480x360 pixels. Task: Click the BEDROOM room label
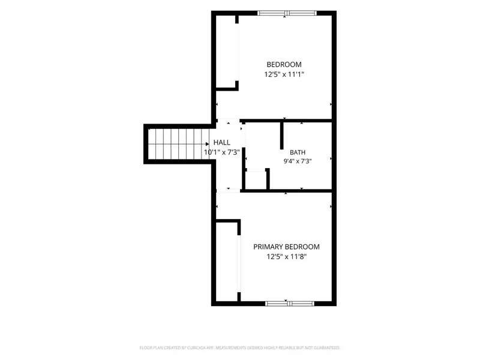(x=284, y=65)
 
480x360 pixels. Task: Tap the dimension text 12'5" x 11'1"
(x=284, y=74)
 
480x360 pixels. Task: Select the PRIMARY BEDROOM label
(x=286, y=247)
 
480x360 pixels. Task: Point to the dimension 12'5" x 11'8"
(x=286, y=257)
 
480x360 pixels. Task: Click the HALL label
(x=222, y=142)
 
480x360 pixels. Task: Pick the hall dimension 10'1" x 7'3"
(x=222, y=152)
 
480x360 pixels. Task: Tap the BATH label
(x=298, y=152)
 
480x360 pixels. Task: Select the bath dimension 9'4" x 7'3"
(x=298, y=161)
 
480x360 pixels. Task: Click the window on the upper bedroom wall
(x=287, y=13)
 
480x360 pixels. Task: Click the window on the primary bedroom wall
(x=290, y=304)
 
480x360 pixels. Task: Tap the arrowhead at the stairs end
(x=207, y=144)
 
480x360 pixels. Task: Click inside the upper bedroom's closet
(x=227, y=52)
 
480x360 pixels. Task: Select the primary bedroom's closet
(x=227, y=262)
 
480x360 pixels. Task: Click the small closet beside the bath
(x=256, y=180)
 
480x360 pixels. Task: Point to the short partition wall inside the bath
(x=281, y=136)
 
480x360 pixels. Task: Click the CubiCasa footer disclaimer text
(x=239, y=348)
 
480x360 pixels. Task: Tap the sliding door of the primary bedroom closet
(x=239, y=263)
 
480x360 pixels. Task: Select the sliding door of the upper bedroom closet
(x=237, y=52)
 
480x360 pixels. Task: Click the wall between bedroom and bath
(x=286, y=121)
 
